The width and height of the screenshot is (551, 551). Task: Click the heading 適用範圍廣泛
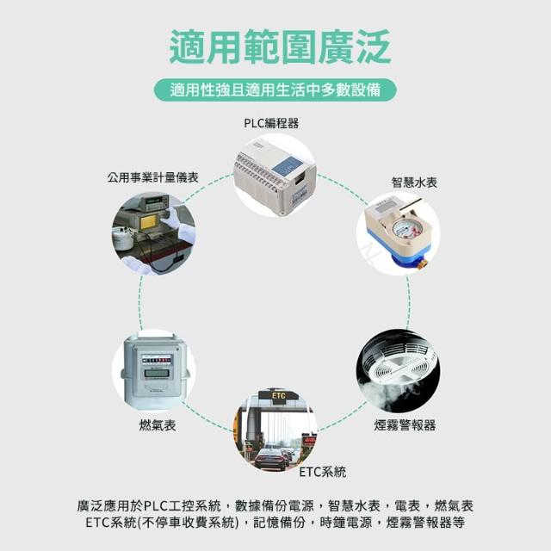point(280,46)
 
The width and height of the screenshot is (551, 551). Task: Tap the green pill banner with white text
point(275,90)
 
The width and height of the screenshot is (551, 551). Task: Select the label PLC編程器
point(271,123)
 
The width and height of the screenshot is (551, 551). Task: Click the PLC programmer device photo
point(275,176)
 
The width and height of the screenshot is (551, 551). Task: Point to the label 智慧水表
point(414,183)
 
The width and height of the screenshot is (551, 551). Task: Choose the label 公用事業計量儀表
point(153,177)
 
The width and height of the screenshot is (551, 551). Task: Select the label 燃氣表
point(158,425)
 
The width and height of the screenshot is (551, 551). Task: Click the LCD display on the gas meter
point(157,373)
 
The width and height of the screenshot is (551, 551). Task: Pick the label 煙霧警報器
point(405,425)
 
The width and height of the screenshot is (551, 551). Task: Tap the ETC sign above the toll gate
point(278,395)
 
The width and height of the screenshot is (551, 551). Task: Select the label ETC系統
point(322,472)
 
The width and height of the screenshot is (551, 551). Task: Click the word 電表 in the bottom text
point(407,506)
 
